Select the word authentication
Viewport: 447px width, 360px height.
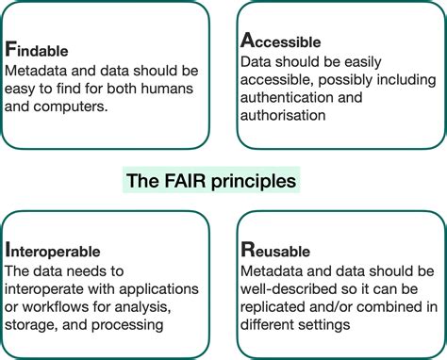point(290,98)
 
